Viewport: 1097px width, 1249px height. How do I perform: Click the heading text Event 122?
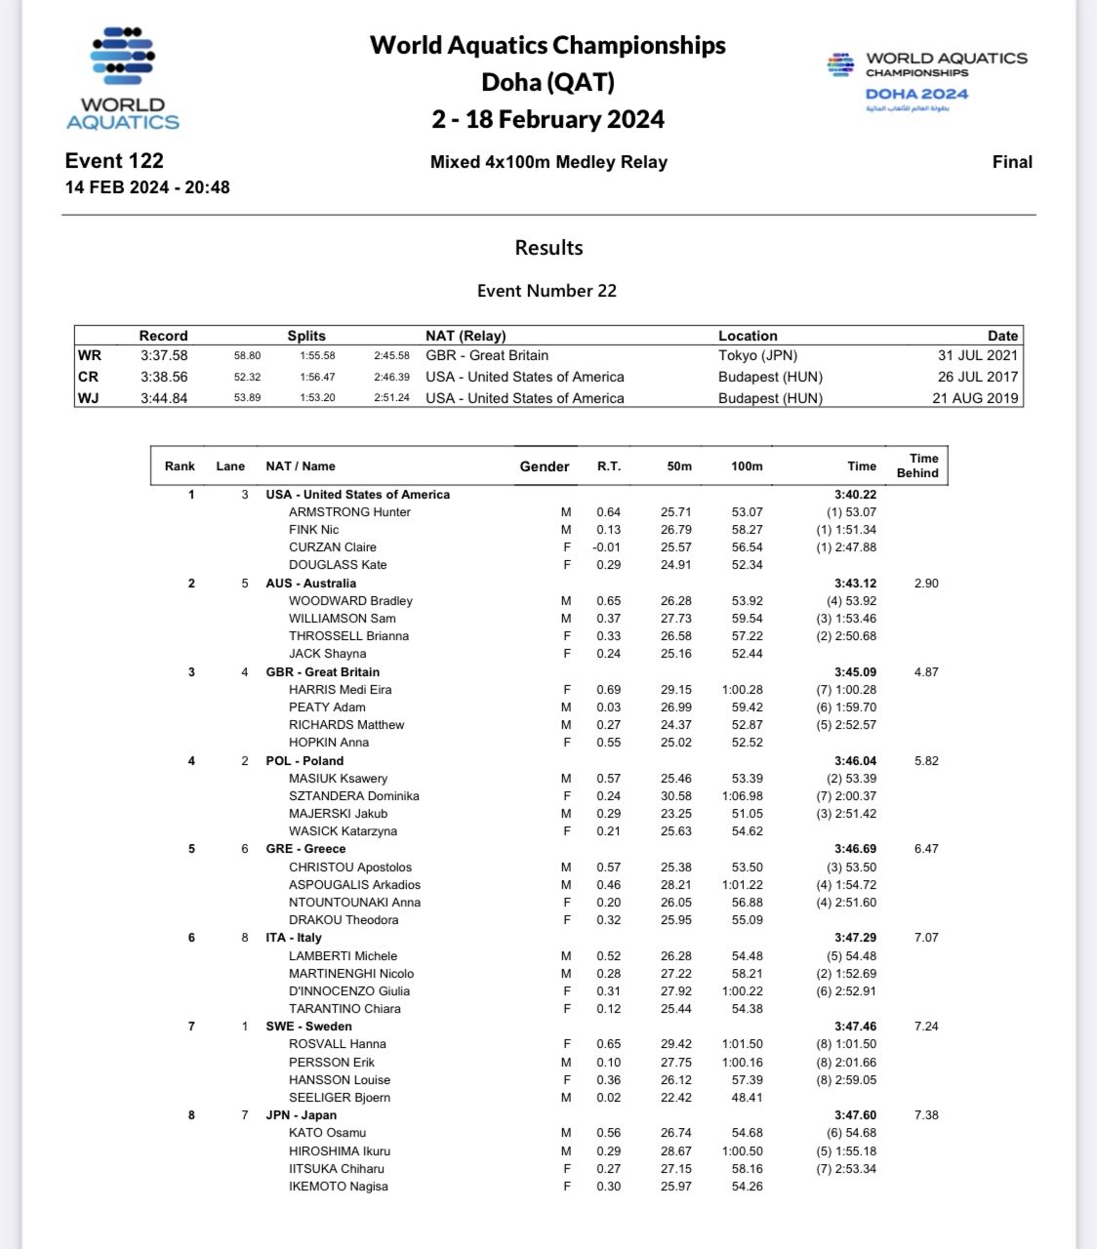pyautogui.click(x=114, y=161)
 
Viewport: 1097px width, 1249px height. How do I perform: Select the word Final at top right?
pyautogui.click(x=1011, y=162)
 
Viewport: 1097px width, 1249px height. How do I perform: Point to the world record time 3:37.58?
pyautogui.click(x=163, y=355)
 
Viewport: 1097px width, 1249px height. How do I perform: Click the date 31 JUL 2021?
pyautogui.click(x=977, y=355)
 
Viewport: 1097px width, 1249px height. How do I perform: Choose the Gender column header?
pyautogui.click(x=545, y=466)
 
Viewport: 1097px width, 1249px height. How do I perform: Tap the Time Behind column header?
pyautogui.click(x=922, y=465)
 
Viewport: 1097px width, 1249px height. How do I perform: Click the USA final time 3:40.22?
pyautogui.click(x=855, y=495)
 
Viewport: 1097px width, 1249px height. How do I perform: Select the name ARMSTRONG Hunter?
pyautogui.click(x=349, y=512)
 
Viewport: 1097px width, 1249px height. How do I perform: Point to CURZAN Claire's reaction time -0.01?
pyautogui.click(x=607, y=547)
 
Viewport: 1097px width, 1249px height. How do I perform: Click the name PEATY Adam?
pyautogui.click(x=327, y=707)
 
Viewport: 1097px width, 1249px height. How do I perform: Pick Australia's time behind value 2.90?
pyautogui.click(x=926, y=584)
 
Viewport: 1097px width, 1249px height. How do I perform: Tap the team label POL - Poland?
pyautogui.click(x=305, y=761)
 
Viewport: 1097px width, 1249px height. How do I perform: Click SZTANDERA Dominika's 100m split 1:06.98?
pyautogui.click(x=747, y=796)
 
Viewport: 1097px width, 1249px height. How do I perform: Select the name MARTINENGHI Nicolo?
pyautogui.click(x=351, y=974)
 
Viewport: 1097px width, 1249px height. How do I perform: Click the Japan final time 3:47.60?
pyautogui.click(x=855, y=1115)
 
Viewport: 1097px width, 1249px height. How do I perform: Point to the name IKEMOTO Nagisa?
pyautogui.click(x=338, y=1187)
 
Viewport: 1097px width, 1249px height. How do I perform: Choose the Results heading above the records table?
pyautogui.click(x=548, y=248)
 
